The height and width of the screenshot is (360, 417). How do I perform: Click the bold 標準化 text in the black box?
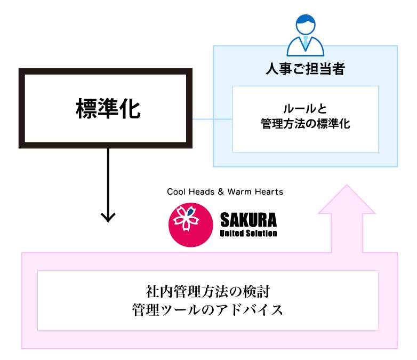(x=108, y=108)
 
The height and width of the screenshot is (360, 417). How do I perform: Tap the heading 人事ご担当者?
(x=306, y=69)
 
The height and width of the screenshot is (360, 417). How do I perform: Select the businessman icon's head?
(x=306, y=24)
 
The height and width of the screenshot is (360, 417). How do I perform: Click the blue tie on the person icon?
(x=306, y=42)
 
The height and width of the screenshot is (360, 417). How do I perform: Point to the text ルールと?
(x=305, y=109)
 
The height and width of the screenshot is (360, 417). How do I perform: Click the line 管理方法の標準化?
(x=306, y=124)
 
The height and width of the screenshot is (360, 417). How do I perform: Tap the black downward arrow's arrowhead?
(x=108, y=217)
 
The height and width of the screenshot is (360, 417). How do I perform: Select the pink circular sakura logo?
(x=191, y=225)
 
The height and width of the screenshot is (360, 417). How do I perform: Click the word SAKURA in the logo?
(x=248, y=220)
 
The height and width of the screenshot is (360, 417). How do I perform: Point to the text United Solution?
(x=248, y=234)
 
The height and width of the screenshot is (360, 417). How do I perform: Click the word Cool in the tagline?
(x=178, y=191)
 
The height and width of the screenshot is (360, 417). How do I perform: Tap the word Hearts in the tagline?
(x=269, y=191)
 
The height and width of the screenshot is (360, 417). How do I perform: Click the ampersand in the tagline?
(x=221, y=191)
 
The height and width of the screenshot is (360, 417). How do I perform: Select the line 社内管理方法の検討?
(x=208, y=291)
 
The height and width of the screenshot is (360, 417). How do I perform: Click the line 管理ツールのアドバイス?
(x=207, y=310)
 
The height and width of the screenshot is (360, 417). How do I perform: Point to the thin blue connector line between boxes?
(x=212, y=119)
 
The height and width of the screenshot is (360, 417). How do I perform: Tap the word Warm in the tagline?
(x=239, y=191)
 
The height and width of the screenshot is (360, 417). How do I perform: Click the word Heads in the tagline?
(x=203, y=191)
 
